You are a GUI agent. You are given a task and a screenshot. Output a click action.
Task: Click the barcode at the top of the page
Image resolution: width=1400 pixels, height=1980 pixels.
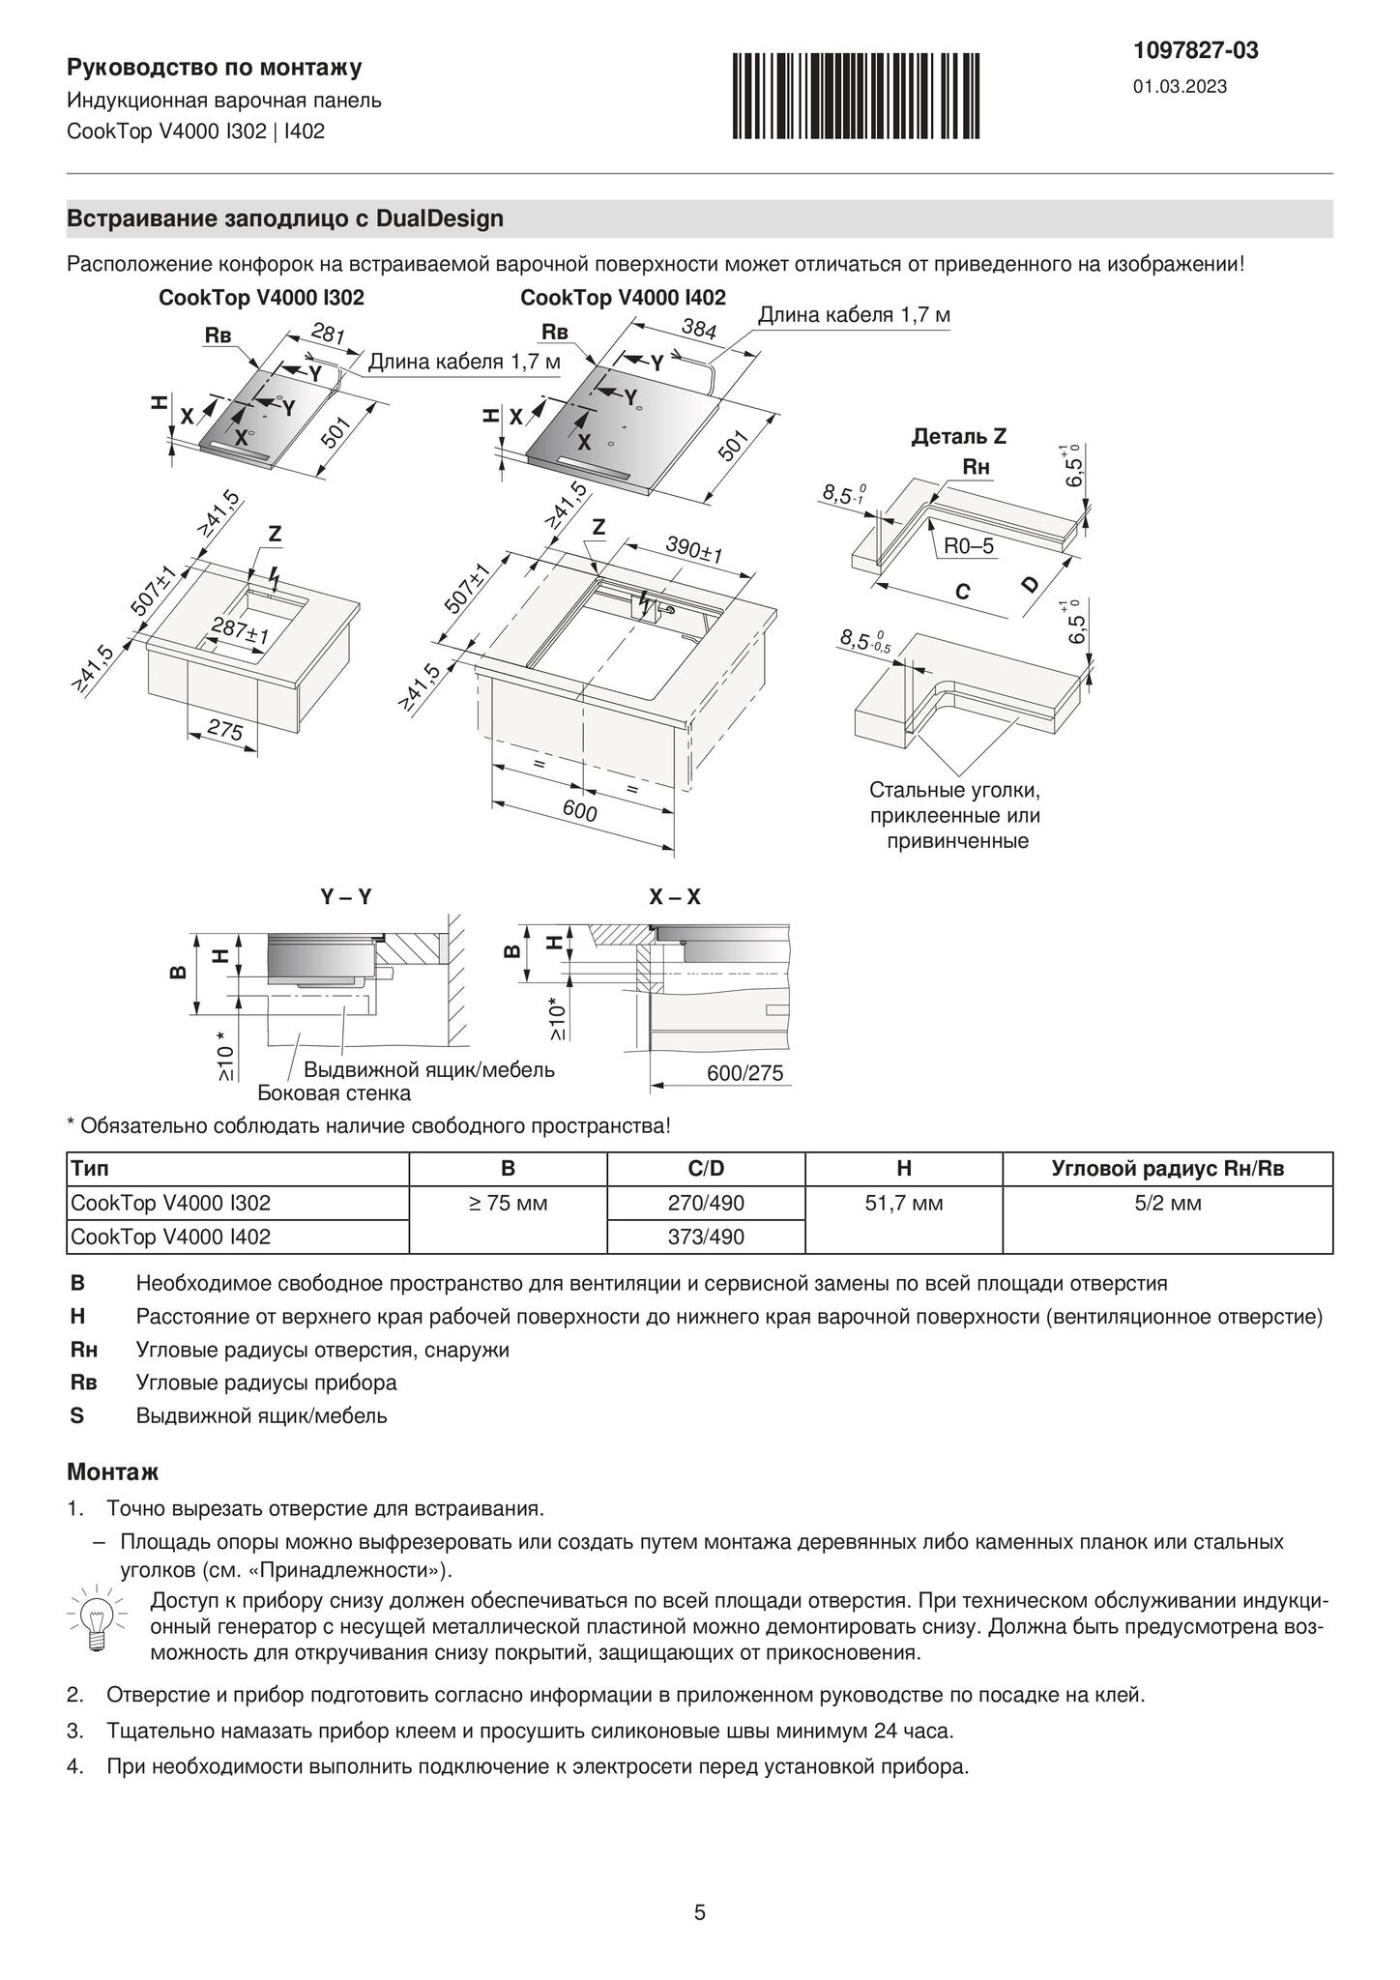855,96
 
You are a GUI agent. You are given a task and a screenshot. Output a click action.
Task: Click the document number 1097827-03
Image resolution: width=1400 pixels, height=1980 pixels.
1196,51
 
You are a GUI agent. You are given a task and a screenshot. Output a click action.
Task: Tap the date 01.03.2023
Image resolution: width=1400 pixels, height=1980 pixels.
1180,87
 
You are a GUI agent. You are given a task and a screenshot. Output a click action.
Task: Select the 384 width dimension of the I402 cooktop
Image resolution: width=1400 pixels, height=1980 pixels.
698,329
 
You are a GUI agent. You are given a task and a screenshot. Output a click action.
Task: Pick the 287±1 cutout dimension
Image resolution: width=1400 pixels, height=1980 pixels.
240,629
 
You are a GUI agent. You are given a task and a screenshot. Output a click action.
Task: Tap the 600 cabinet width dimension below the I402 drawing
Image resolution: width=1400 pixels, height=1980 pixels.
579,812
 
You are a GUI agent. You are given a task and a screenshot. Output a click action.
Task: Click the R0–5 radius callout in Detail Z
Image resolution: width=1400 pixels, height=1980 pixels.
969,545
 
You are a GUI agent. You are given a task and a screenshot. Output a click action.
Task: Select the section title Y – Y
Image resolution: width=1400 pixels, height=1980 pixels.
346,897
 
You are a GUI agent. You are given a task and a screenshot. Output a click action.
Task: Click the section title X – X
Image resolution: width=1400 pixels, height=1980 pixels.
675,897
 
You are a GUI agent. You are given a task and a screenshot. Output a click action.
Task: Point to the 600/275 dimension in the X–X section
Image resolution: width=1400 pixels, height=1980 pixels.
744,1073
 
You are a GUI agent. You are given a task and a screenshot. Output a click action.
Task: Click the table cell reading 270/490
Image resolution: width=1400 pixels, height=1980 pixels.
706,1203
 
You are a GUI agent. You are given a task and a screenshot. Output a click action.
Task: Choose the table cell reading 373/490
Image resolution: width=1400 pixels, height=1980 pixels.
706,1237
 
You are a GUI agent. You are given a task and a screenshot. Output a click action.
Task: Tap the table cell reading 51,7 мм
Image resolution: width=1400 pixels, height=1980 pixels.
903,1203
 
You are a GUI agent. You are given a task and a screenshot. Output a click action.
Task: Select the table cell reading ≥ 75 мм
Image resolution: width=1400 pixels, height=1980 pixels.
508,1203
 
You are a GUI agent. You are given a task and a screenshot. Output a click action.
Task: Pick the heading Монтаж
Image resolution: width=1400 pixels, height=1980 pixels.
112,1472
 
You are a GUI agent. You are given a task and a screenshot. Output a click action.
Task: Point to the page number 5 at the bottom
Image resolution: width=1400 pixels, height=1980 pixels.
700,1912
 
